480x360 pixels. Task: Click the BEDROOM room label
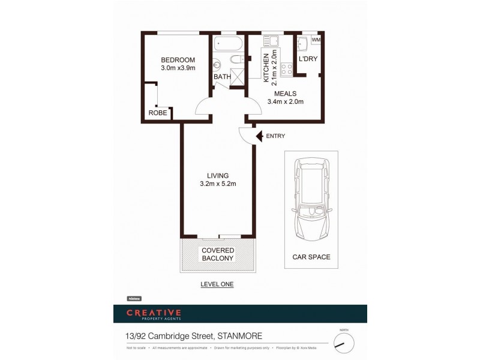coord(178,59)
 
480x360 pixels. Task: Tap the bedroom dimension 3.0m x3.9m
coord(178,68)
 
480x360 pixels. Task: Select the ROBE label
coord(158,113)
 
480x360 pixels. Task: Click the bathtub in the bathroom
coord(227,43)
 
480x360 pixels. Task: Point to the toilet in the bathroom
coord(236,59)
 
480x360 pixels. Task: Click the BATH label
coord(222,77)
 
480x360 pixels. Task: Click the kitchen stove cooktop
coord(286,68)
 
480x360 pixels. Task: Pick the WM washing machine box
coord(316,40)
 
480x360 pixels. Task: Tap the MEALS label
coord(286,94)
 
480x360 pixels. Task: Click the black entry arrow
coord(259,136)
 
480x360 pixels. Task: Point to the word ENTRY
coord(275,136)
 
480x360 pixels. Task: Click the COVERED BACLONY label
coord(218,254)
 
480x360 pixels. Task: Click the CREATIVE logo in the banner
coord(153,313)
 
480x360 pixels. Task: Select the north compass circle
coord(344,343)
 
